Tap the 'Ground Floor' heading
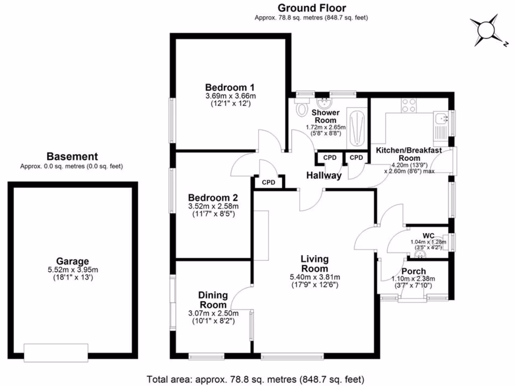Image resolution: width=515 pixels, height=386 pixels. point(311,8)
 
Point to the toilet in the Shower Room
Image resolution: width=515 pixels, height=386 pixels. point(302,109)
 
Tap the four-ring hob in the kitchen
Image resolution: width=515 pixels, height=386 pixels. point(408,106)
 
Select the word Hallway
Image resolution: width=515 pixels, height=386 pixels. point(324,175)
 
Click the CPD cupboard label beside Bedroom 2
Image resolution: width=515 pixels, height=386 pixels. point(269,182)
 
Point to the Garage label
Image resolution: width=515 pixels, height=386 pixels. point(72,261)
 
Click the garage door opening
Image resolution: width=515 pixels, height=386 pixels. point(56,352)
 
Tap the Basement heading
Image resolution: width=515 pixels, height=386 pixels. point(72,157)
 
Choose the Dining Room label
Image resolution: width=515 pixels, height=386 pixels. point(213,300)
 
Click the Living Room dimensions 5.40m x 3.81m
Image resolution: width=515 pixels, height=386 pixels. point(314,276)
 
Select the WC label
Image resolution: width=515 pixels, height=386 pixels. point(428,235)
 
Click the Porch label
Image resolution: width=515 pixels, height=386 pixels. point(413,271)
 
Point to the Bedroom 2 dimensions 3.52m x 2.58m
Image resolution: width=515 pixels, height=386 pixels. point(213,206)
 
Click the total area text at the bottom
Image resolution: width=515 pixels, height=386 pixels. point(255,379)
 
